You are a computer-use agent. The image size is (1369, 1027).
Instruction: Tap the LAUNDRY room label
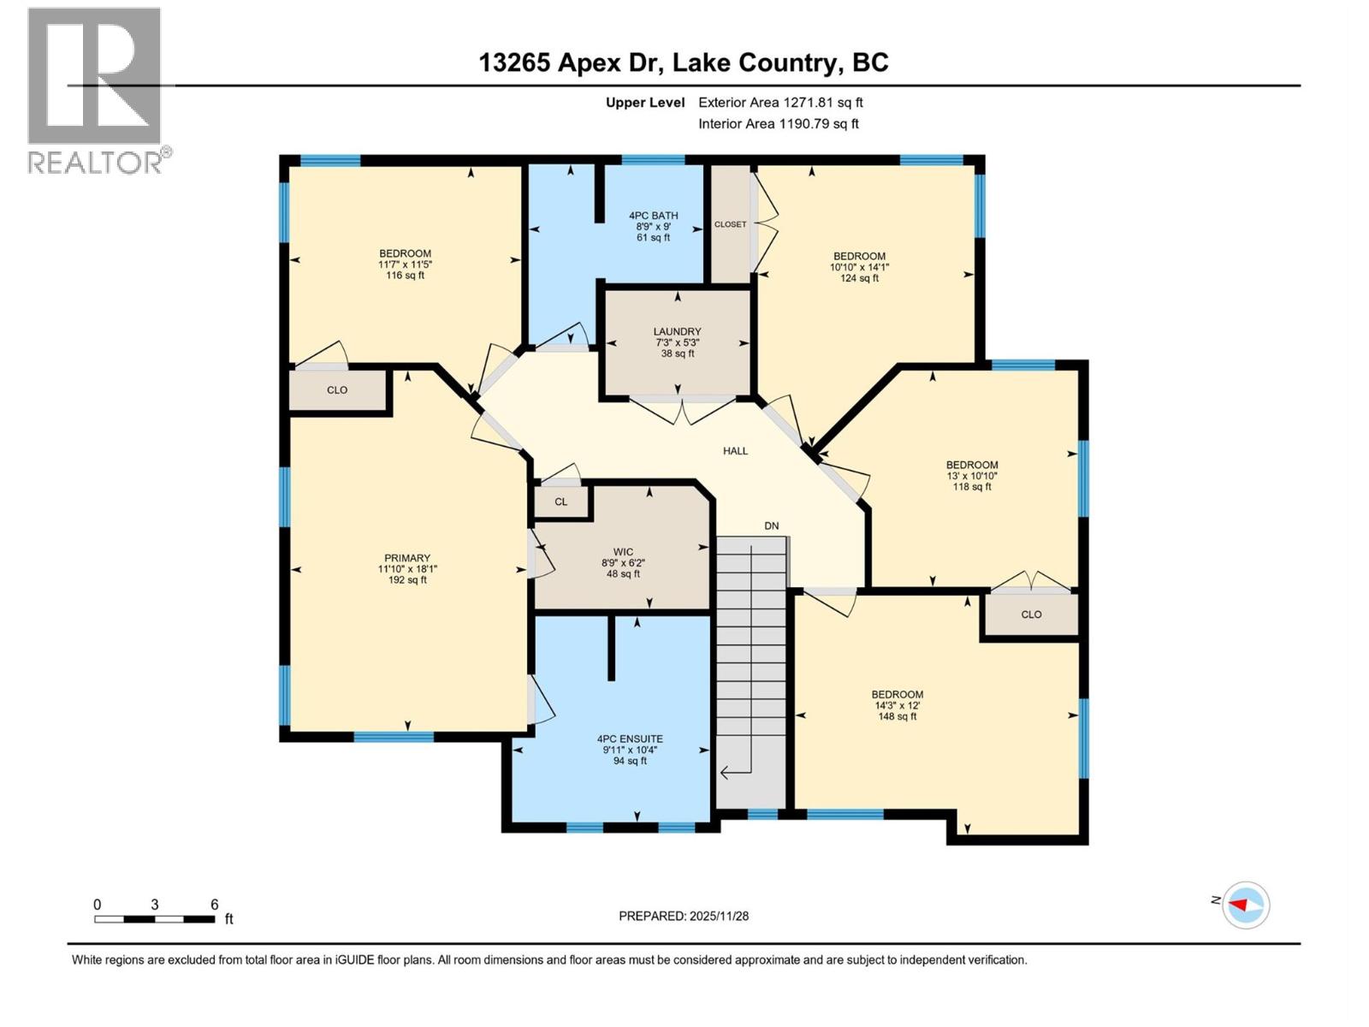[x=677, y=332]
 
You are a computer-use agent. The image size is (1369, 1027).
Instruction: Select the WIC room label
[x=623, y=553]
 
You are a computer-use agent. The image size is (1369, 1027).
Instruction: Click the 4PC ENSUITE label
[x=630, y=739]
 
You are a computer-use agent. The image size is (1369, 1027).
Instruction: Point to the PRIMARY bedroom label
[x=407, y=558]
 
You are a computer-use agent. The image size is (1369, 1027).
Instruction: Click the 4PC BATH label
[x=653, y=216]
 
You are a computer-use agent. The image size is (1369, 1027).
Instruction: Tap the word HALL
[x=735, y=451]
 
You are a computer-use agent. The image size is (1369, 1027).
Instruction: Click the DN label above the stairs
[x=772, y=526]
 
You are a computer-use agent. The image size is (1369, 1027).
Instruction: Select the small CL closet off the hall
[x=560, y=502]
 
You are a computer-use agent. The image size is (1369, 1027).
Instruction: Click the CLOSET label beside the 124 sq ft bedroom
[x=730, y=224]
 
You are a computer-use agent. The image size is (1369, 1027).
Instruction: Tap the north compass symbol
[x=1245, y=905]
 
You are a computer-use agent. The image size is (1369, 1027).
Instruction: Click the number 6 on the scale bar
[x=215, y=905]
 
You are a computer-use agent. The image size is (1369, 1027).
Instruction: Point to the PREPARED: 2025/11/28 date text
[x=684, y=916]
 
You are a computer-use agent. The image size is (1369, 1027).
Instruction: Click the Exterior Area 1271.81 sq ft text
[x=780, y=103]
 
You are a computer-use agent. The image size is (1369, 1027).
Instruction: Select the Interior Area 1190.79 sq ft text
[x=778, y=124]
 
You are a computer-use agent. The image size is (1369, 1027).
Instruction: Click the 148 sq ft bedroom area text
[x=897, y=716]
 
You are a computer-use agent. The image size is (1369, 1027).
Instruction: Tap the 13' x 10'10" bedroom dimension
[x=972, y=476]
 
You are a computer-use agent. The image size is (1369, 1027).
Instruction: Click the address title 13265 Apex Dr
[x=572, y=62]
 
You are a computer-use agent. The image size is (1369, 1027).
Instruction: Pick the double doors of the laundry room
[x=682, y=409]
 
